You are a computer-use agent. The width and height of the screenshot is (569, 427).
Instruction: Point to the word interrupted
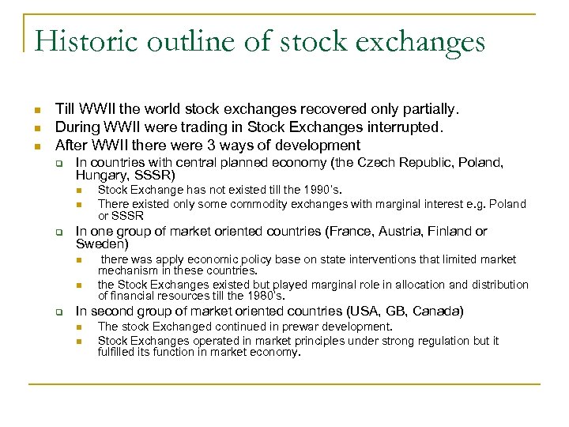[404, 127]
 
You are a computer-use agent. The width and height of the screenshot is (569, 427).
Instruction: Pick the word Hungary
[97, 175]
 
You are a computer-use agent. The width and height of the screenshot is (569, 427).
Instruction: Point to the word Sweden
[99, 244]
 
